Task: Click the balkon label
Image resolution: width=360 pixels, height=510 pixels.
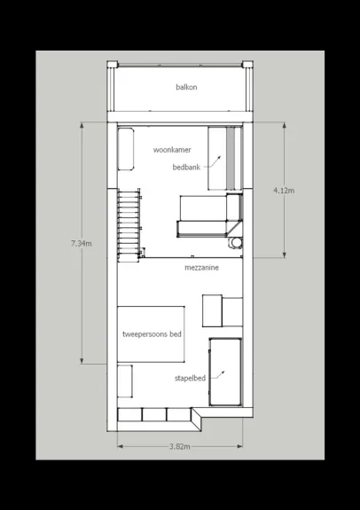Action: tap(186, 87)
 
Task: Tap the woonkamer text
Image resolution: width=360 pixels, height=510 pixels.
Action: tap(172, 150)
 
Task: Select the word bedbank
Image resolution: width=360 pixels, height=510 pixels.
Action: tap(186, 167)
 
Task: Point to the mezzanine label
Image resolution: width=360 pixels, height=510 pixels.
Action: tap(201, 268)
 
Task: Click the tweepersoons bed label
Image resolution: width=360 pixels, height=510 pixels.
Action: tap(152, 334)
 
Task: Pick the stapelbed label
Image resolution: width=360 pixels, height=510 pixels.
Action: tap(190, 378)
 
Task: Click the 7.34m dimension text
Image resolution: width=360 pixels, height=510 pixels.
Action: tap(82, 243)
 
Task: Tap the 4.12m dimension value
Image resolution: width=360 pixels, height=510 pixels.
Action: tap(284, 191)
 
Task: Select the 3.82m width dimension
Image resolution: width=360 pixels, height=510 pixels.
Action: tap(179, 446)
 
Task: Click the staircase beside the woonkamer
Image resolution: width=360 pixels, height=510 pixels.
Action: tap(129, 225)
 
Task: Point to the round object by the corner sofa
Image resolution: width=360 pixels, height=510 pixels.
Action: tap(236, 243)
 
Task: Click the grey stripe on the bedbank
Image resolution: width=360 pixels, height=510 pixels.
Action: tap(231, 158)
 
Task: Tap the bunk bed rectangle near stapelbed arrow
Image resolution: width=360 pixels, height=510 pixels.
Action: tap(225, 372)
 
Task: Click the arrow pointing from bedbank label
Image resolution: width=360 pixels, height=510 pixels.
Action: tap(212, 163)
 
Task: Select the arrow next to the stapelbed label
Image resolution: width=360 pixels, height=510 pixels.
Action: tap(217, 375)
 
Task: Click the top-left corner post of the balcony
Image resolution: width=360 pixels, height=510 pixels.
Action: tap(113, 64)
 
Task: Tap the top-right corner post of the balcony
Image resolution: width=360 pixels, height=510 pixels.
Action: tap(247, 64)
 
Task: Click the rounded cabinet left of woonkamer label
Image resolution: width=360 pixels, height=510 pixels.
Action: tap(126, 149)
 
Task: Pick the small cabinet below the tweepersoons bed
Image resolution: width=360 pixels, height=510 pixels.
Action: tap(125, 381)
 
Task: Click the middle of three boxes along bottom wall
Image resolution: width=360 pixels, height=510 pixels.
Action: tap(154, 415)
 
